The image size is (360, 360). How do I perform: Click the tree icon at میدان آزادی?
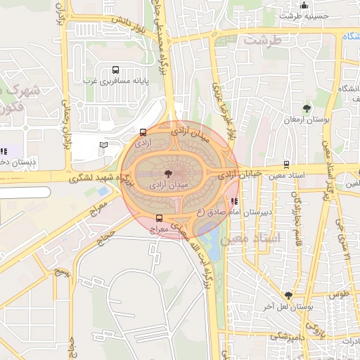[x=167, y=173]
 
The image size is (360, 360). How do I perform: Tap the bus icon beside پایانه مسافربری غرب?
[x=115, y=70]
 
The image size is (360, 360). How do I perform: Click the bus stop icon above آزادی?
[x=143, y=131]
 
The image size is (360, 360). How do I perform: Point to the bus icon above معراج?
[x=159, y=218]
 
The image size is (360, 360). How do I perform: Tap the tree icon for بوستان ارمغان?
[x=307, y=108]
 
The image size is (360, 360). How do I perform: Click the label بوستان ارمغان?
[x=307, y=120]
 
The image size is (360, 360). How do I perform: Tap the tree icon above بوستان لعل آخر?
[x=288, y=295]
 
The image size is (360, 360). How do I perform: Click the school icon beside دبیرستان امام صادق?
[x=234, y=200]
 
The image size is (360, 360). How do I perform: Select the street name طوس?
[x=339, y=295]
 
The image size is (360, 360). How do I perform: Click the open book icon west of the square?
[x=104, y=145]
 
